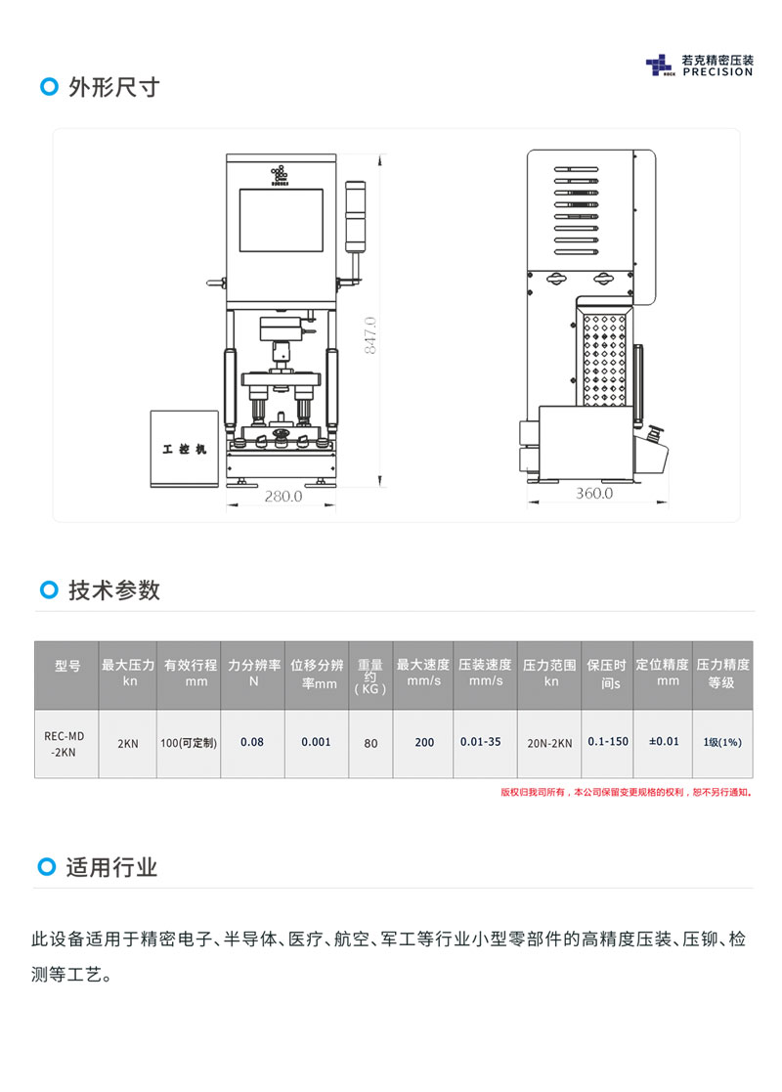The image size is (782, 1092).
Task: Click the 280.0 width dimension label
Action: click(x=283, y=497)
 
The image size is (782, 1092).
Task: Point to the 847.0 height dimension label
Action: click(x=370, y=335)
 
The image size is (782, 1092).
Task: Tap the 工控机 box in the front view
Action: click(x=184, y=449)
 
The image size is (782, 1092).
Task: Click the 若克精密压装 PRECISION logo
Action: click(x=700, y=66)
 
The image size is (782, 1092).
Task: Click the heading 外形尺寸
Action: click(x=113, y=87)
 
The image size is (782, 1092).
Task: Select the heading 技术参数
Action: click(x=113, y=590)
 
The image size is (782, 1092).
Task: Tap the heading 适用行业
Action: click(x=111, y=867)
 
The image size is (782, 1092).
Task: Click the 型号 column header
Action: click(x=66, y=666)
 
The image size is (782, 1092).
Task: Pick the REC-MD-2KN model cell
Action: click(x=66, y=742)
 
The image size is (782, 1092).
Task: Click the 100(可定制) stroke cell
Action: click(x=188, y=743)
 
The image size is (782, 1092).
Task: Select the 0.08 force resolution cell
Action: click(x=252, y=742)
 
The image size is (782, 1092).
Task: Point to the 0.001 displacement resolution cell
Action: click(x=316, y=742)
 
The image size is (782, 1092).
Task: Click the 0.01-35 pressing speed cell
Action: click(x=481, y=742)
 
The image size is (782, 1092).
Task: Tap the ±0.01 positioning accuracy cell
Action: click(x=664, y=742)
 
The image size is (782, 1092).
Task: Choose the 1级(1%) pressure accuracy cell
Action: click(x=722, y=742)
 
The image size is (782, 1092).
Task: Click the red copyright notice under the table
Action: click(x=627, y=792)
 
